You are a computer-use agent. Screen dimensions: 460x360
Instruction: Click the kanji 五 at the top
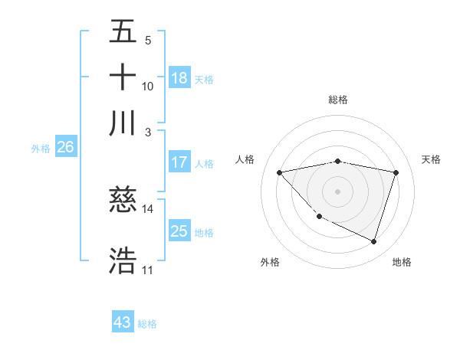[123, 32]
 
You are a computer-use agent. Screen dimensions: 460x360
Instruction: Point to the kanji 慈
[123, 201]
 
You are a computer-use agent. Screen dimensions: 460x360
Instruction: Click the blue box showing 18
[179, 78]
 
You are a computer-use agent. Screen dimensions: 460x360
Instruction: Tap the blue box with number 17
[179, 162]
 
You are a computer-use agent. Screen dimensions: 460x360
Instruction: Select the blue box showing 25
[179, 231]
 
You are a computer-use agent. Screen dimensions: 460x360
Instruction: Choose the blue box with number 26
[65, 148]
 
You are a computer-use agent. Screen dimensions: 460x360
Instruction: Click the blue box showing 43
[123, 322]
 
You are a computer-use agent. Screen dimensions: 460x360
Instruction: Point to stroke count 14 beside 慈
[148, 208]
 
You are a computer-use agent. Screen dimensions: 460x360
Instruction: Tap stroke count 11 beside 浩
[148, 270]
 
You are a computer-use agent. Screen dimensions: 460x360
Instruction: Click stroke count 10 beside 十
[148, 86]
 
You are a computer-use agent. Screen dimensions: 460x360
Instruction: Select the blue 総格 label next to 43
[147, 324]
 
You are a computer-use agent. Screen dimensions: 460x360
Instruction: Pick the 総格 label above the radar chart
[337, 100]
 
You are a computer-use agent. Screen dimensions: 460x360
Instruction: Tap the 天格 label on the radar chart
[431, 159]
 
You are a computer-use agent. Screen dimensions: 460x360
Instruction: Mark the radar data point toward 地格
[373, 241]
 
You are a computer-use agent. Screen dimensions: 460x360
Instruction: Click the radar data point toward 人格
[280, 172]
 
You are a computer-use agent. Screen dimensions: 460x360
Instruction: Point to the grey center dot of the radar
[337, 191]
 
